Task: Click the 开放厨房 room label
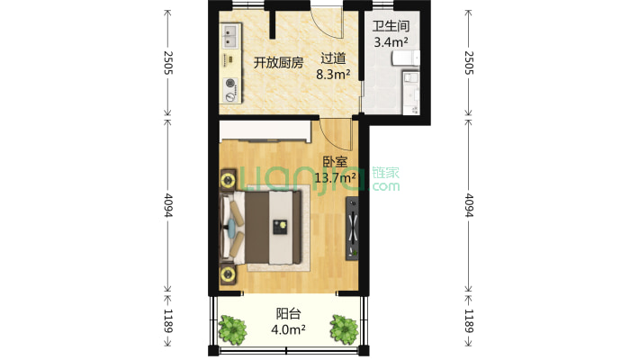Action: [x=278, y=62]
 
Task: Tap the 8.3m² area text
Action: [x=333, y=76]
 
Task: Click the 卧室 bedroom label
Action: [x=336, y=163]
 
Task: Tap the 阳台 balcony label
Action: [x=288, y=314]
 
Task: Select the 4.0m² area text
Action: [x=288, y=329]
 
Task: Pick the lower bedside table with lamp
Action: [x=227, y=273]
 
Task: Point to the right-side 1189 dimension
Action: [x=468, y=319]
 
